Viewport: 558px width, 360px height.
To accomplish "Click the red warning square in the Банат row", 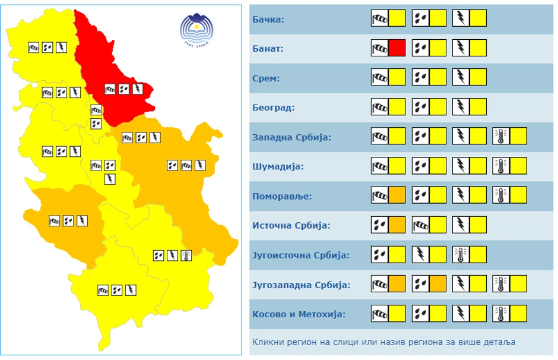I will click(x=397, y=48).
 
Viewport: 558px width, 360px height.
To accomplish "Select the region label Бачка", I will click(x=268, y=19).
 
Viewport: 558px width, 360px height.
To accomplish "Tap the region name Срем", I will click(x=266, y=78).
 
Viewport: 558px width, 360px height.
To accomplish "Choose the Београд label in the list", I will click(x=273, y=108).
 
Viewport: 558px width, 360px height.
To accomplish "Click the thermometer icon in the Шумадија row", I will click(x=501, y=166).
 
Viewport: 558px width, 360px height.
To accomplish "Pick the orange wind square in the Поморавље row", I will click(x=397, y=195).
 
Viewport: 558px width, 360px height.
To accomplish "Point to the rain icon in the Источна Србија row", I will click(x=380, y=225).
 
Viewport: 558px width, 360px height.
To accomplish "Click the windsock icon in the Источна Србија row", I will click(x=420, y=225).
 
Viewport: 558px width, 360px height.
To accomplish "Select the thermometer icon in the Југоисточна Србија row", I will click(x=461, y=254).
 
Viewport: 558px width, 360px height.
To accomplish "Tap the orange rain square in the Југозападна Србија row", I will click(x=437, y=284).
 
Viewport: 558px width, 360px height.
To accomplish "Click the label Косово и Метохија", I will click(x=299, y=314).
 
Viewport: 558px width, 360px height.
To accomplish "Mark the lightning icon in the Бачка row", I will click(x=461, y=18).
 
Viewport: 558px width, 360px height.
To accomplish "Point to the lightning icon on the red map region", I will click(x=138, y=89).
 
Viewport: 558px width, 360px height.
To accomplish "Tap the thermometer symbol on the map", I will click(x=186, y=255).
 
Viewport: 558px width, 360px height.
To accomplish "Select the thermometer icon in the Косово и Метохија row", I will click(x=501, y=313).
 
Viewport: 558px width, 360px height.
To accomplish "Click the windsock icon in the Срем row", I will click(x=380, y=77).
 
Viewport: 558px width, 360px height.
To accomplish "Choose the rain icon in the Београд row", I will click(x=420, y=107).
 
